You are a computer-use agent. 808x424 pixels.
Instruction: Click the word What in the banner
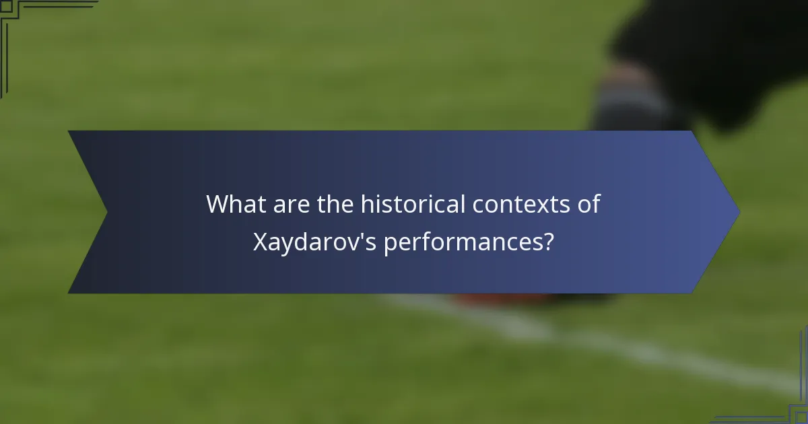(234, 203)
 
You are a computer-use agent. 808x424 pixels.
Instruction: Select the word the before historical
(335, 203)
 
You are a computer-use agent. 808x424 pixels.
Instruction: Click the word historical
(412, 203)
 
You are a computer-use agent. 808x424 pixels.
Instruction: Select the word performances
(465, 242)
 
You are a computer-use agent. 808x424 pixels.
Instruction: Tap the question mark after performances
(550, 242)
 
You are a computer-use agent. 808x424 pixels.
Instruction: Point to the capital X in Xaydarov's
(260, 242)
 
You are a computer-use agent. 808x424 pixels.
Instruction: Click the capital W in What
(216, 203)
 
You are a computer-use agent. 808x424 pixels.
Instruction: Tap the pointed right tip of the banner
(738, 212)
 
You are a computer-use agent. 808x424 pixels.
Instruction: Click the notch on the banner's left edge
(106, 212)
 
